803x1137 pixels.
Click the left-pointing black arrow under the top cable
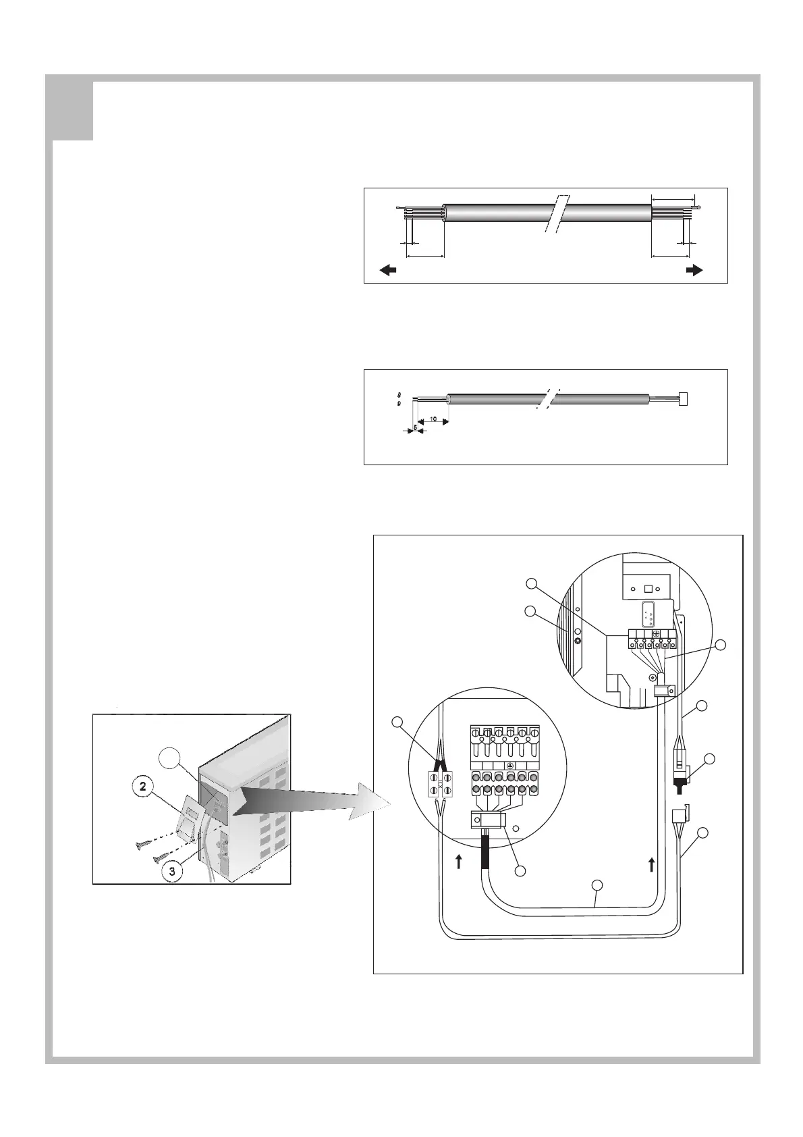[387, 270]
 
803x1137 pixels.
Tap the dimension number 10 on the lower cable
[434, 419]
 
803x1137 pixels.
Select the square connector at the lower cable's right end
[682, 399]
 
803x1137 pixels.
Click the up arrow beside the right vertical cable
[651, 864]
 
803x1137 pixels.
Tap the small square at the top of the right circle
[649, 587]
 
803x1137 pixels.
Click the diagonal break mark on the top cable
[558, 215]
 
